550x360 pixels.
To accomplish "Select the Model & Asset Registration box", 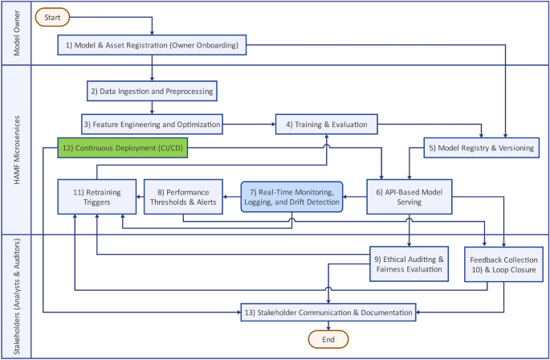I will pyautogui.click(x=153, y=46).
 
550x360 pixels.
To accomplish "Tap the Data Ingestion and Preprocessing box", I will pyautogui.click(x=152, y=92).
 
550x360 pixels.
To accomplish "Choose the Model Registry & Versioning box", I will pyautogui.click(x=479, y=148).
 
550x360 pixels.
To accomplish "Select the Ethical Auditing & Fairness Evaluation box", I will pyautogui.click(x=408, y=264).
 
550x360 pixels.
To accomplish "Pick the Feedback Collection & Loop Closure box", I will pyautogui.click(x=503, y=264).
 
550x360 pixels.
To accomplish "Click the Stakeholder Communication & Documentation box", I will pyautogui.click(x=329, y=311).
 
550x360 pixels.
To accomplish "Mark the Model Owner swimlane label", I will pyautogui.click(x=16, y=34).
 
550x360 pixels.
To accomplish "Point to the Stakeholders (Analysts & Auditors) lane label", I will pyautogui.click(x=16, y=296).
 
